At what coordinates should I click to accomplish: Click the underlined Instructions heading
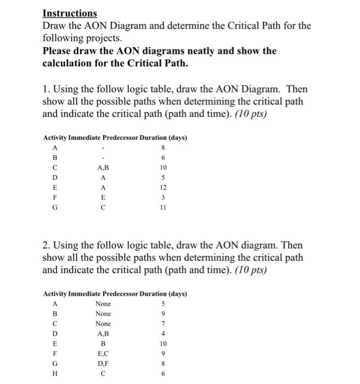pos(70,13)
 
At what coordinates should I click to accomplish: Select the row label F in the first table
pos(54,198)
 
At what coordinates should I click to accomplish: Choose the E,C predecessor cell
pos(103,354)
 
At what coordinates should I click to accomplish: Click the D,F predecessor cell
pos(103,364)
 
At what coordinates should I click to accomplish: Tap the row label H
pos(54,374)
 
